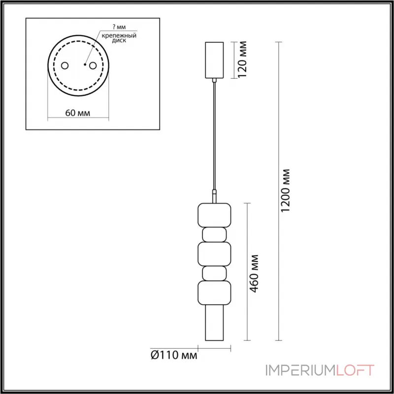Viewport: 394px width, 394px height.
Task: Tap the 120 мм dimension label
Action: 242,60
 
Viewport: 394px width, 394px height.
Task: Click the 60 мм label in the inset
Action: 77,113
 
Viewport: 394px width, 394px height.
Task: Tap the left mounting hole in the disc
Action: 64,66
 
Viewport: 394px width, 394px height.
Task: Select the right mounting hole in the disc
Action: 92,66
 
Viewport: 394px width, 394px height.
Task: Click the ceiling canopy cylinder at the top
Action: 214,60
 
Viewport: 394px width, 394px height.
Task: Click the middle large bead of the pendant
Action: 214,253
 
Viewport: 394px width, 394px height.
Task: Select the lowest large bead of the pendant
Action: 214,293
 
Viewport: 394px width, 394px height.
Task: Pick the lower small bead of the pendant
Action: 214,272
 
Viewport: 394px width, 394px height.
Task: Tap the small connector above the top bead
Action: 214,196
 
